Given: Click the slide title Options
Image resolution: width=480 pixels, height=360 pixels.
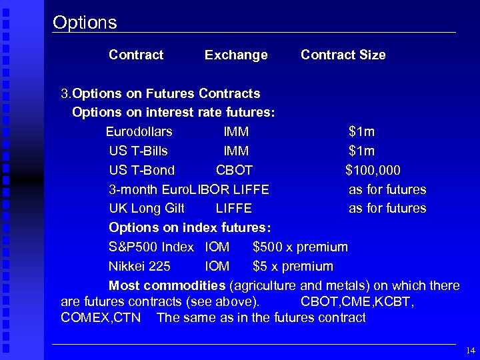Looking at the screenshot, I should pyautogui.click(x=85, y=23).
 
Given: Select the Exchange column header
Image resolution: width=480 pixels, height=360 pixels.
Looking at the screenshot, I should pyautogui.click(x=236, y=55).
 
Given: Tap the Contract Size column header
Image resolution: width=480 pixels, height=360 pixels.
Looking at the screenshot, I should pyautogui.click(x=343, y=55).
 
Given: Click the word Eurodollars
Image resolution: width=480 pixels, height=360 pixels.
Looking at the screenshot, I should pyautogui.click(x=139, y=131).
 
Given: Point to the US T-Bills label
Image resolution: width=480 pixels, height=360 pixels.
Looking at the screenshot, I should pyautogui.click(x=138, y=151).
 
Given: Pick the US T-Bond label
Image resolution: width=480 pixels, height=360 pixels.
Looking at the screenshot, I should pyautogui.click(x=141, y=170).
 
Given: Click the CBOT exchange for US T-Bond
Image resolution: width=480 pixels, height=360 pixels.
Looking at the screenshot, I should pyautogui.click(x=234, y=170).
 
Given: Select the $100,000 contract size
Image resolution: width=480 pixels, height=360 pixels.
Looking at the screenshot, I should pyautogui.click(x=373, y=170).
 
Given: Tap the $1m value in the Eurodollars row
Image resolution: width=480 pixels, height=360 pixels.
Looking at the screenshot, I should pyautogui.click(x=361, y=131).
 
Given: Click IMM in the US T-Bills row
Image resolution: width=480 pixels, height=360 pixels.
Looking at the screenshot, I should pyautogui.click(x=236, y=151).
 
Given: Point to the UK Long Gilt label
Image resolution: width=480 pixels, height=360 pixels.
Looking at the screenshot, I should pyautogui.click(x=147, y=209).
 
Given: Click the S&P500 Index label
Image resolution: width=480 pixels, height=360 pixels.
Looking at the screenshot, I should pyautogui.click(x=151, y=247).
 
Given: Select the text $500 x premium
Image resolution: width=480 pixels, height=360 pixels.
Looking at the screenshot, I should pyautogui.click(x=300, y=247).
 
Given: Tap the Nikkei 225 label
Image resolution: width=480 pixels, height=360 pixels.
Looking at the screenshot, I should pyautogui.click(x=139, y=267).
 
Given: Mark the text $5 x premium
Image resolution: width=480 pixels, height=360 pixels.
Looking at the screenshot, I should pyautogui.click(x=293, y=267).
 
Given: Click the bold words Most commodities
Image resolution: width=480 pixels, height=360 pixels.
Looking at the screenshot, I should pyautogui.click(x=167, y=286).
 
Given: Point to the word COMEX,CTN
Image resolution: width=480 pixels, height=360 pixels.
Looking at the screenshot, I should pyautogui.click(x=101, y=317).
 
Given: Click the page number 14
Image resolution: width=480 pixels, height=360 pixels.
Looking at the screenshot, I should pyautogui.click(x=471, y=350).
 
